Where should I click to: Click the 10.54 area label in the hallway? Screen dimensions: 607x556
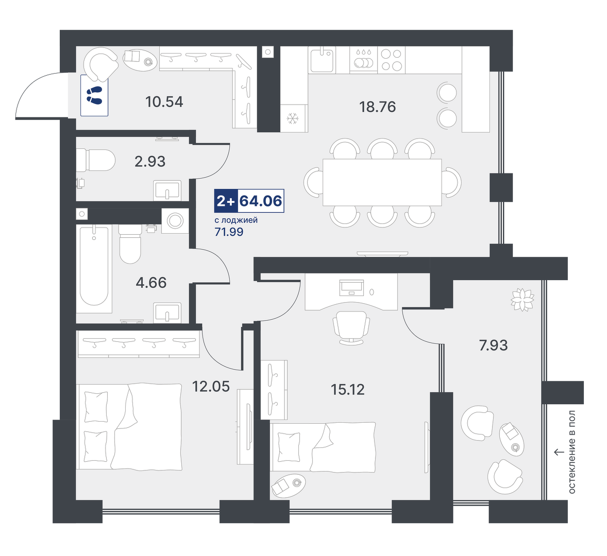(164, 102)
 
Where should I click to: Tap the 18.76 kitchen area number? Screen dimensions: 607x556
(377, 107)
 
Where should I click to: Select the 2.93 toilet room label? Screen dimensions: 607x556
(150, 161)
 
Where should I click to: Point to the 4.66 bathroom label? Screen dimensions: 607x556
(151, 283)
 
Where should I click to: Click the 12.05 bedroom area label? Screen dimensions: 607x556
(211, 386)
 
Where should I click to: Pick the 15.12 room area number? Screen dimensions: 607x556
(348, 389)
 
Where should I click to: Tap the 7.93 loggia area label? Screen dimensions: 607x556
(493, 345)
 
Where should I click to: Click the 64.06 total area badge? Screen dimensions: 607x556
(261, 201)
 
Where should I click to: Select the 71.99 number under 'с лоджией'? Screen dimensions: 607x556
(229, 232)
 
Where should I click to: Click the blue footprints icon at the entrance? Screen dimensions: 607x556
(94, 95)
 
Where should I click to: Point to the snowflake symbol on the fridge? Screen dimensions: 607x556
(292, 118)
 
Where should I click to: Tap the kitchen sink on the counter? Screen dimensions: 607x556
(322, 60)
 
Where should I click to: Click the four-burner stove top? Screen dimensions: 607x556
(392, 60)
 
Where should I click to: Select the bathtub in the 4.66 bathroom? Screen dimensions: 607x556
(94, 266)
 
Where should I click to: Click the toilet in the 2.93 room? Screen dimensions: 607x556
(96, 160)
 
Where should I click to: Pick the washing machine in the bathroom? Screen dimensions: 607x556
(175, 221)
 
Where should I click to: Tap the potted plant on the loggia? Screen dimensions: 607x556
(522, 299)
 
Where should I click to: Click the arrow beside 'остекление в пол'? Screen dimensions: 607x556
(559, 452)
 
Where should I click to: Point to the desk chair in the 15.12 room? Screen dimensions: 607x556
(351, 327)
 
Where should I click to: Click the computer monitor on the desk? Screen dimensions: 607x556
(351, 287)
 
